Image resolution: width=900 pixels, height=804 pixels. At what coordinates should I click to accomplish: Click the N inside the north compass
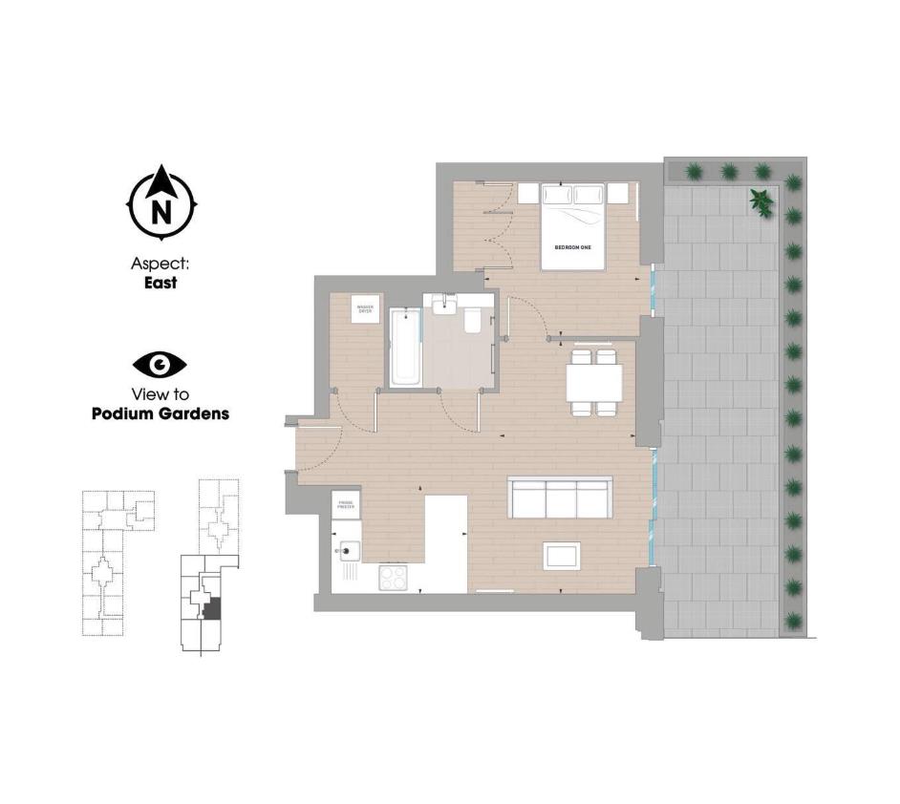coord(162,209)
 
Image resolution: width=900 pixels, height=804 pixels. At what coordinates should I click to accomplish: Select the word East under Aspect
coord(161,283)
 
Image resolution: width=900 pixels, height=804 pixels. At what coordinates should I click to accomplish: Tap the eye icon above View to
coord(160,364)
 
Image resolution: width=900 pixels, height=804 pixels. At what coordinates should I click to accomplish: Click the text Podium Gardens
coord(160,414)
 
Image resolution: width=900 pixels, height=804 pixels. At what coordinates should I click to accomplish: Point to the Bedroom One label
coord(573,248)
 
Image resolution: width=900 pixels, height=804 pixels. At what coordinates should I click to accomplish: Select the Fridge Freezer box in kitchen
coord(345,505)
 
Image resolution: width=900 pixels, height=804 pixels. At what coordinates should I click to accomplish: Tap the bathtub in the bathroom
coord(404,347)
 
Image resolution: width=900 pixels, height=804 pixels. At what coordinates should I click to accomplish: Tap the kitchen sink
coord(347,552)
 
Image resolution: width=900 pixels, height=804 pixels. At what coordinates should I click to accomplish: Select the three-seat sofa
coord(560,497)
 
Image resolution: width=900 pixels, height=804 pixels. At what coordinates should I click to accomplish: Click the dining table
coord(593,383)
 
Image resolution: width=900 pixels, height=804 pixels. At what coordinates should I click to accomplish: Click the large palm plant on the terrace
coord(761,201)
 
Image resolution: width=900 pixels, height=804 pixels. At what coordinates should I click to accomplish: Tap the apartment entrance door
coord(319,449)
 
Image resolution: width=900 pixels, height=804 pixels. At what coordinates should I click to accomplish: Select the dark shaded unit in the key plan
coord(214,607)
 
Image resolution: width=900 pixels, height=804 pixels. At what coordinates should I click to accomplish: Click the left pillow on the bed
coord(558,196)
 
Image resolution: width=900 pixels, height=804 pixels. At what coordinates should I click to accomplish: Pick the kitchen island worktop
coord(444,540)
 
